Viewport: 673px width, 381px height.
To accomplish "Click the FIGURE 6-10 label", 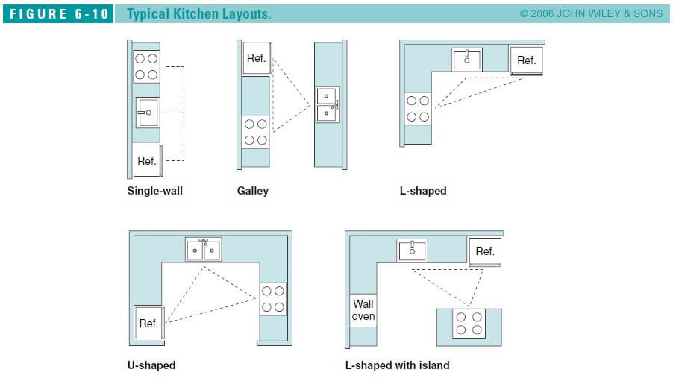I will click(x=59, y=14).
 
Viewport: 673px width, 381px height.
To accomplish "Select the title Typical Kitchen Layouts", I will click(x=198, y=14).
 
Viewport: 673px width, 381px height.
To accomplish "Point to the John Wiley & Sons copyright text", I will click(x=591, y=14).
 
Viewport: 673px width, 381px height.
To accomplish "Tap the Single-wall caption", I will click(x=154, y=191).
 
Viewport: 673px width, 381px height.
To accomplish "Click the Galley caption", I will click(x=252, y=191).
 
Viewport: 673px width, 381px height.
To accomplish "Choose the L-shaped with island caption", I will click(x=397, y=365).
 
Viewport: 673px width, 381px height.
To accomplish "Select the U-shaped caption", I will click(x=151, y=365).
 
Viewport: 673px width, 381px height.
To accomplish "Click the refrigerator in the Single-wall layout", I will click(x=146, y=160).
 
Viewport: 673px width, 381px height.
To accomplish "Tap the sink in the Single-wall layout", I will click(x=146, y=113).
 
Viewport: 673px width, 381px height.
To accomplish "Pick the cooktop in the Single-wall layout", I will click(x=146, y=66).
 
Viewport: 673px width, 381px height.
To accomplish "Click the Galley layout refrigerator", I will click(x=256, y=57).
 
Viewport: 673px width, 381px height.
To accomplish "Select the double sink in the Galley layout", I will click(x=328, y=105).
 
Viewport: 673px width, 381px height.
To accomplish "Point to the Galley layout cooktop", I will click(x=255, y=133).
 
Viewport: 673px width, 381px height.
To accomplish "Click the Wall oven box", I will click(x=363, y=310).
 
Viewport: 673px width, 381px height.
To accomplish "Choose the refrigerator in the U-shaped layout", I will click(x=148, y=324).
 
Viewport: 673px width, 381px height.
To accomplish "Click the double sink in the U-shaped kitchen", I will click(x=203, y=250).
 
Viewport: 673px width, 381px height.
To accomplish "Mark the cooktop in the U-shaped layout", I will click(x=272, y=298).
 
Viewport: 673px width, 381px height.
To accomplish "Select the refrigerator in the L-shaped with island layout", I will click(x=485, y=252).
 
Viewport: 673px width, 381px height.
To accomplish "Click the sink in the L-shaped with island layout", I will click(x=411, y=251).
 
